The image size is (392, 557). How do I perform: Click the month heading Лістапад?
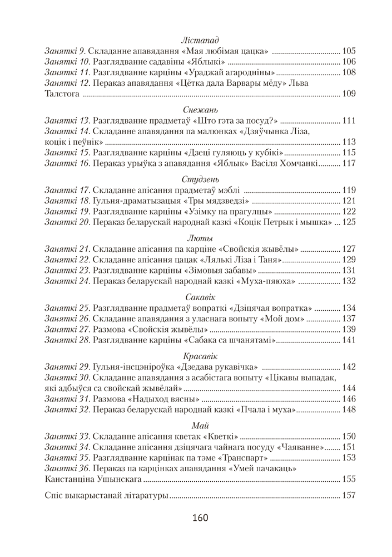click(x=200, y=40)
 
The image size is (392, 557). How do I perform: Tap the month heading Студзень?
click(x=200, y=179)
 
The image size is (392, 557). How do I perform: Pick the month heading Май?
click(x=200, y=426)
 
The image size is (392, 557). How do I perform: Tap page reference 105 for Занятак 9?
click(x=349, y=51)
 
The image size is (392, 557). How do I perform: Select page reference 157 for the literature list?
click(x=349, y=495)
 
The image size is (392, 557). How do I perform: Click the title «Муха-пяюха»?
click(x=266, y=281)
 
